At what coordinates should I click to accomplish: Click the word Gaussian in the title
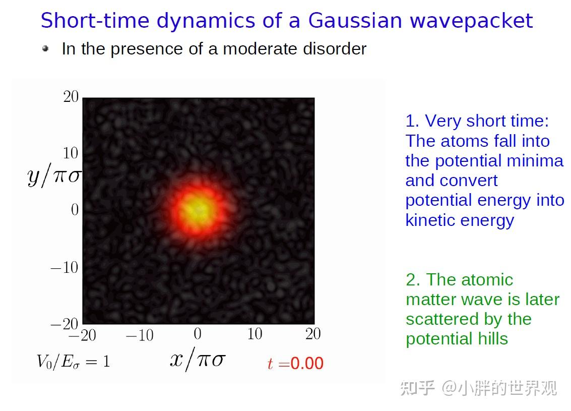click(355, 20)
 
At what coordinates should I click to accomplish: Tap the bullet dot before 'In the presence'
click(45, 48)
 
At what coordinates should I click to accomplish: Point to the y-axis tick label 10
click(71, 153)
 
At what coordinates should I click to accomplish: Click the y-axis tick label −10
click(65, 267)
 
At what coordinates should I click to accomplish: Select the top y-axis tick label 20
click(71, 96)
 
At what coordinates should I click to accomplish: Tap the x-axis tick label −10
click(140, 335)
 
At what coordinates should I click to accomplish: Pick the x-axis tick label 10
click(255, 334)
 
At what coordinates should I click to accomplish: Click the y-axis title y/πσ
click(54, 176)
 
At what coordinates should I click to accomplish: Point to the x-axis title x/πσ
click(198, 360)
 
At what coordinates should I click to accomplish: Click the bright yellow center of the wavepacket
click(197, 209)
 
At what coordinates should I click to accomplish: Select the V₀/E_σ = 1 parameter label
click(73, 362)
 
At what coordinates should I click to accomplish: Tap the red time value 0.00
click(307, 363)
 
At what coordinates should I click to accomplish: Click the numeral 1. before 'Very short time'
click(412, 121)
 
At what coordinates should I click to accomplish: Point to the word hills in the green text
click(493, 339)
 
